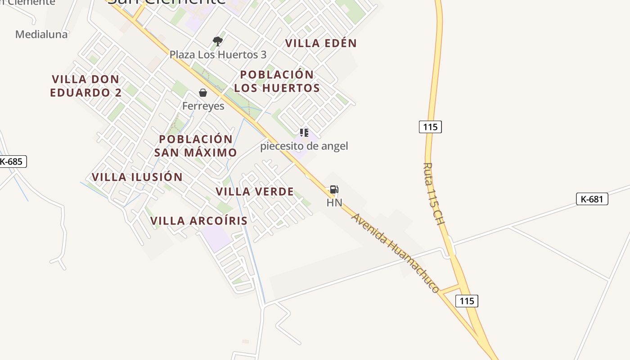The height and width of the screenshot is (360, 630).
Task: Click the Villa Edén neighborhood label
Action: coord(321,43)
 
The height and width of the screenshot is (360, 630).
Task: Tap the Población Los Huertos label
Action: coord(277,81)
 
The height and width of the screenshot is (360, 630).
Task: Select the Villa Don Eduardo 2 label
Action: coord(85,86)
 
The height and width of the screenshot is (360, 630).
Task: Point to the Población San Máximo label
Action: coord(196,146)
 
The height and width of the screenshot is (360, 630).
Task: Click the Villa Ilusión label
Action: coord(137,177)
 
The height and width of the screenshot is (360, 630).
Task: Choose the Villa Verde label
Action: coord(255,192)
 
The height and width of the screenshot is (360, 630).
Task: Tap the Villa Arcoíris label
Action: coord(199,221)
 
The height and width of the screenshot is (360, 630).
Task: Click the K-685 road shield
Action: coord(12,162)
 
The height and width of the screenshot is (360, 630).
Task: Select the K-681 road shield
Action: coord(592,199)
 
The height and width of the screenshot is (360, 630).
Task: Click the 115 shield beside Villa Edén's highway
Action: coord(430,127)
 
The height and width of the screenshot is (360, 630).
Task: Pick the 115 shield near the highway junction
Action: coord(467,301)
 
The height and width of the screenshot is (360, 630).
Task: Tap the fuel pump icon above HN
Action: coord(334,189)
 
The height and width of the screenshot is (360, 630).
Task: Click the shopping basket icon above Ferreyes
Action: coord(203,93)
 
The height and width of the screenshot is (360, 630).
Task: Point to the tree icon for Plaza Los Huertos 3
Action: coord(218,41)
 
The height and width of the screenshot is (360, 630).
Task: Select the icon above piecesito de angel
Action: coord(304,133)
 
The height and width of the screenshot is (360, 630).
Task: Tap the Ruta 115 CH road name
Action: coord(433,194)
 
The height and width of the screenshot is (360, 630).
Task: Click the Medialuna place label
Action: coord(41,34)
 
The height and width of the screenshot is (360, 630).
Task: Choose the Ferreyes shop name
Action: coord(203,106)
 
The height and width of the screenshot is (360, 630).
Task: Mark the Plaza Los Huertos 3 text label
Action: coord(218,55)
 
